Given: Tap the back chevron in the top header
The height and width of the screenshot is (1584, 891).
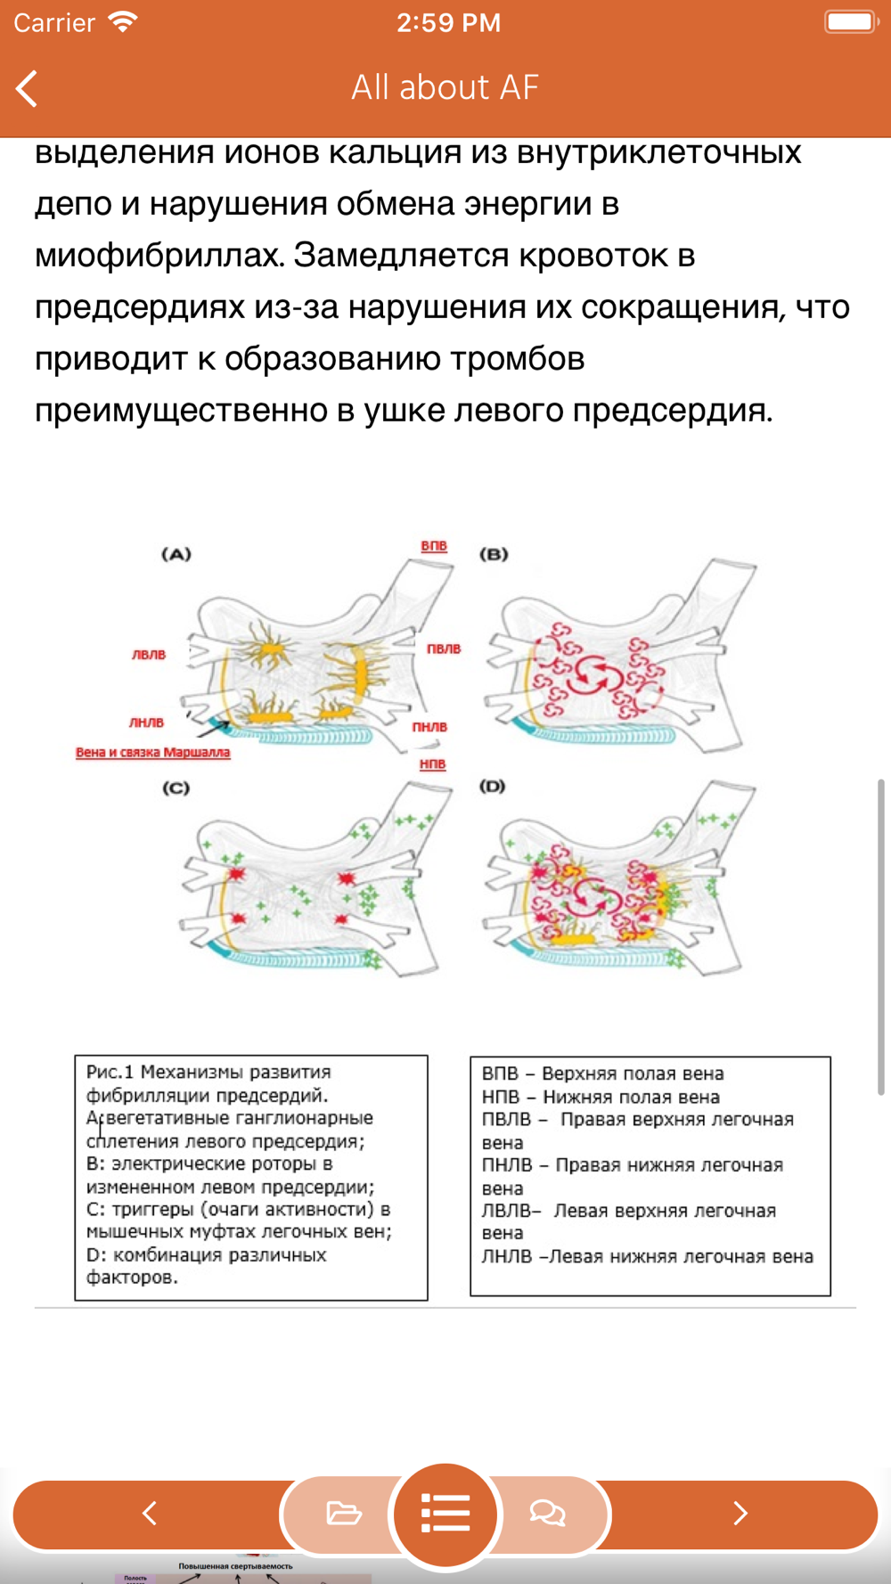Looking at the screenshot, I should tap(28, 88).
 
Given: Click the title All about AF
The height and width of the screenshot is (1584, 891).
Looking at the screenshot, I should tap(445, 87).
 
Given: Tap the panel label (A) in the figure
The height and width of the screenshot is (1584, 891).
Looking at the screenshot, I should tap(176, 554).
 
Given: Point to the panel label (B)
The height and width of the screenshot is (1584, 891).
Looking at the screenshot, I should tap(494, 554).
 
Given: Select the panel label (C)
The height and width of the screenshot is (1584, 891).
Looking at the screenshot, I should tap(176, 788).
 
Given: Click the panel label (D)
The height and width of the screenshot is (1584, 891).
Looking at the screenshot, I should tap(492, 787).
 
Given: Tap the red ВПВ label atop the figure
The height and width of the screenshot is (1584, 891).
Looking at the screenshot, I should tap(434, 545).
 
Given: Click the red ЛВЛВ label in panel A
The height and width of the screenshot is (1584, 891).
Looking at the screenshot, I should tap(149, 655).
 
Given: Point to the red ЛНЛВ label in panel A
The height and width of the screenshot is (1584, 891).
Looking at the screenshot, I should tap(146, 723).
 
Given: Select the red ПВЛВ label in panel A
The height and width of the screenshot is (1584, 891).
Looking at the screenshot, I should tap(444, 649).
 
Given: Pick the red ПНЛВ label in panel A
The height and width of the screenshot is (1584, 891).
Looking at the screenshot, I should tap(429, 727).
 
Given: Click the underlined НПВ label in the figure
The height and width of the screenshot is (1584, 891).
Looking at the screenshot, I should tap(432, 764).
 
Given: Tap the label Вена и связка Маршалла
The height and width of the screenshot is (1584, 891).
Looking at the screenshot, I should tap(153, 753).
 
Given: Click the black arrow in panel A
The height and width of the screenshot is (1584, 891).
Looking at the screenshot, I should tap(211, 729).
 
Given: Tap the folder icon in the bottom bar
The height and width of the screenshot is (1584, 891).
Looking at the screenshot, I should tap(343, 1513).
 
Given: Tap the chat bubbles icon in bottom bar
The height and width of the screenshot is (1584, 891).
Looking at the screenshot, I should tap(547, 1513).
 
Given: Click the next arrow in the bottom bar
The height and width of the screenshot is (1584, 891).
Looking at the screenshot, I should tap(740, 1513).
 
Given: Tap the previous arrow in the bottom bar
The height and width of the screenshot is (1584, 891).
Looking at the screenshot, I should tap(150, 1513).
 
